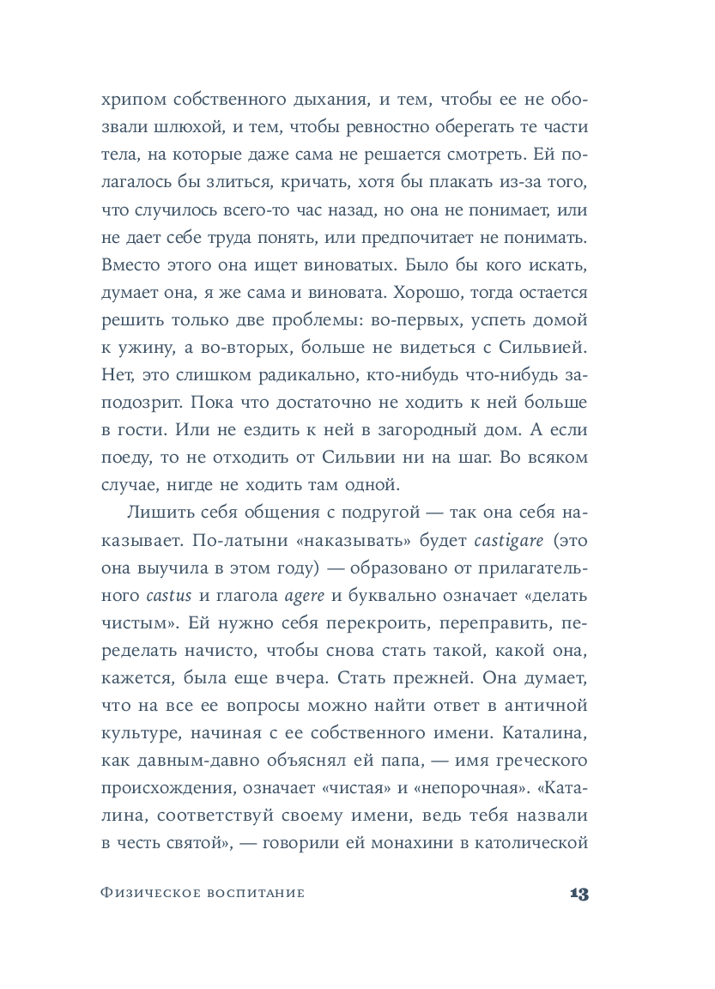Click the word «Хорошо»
click(x=427, y=293)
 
